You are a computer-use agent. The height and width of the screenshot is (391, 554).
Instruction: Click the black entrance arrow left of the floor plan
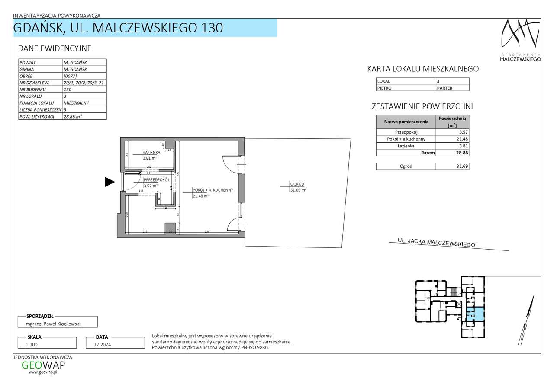pos(110,182)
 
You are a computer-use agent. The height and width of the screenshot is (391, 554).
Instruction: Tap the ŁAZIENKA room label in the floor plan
pos(152,153)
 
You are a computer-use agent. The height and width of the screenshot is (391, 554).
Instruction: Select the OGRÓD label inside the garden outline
pos(298,184)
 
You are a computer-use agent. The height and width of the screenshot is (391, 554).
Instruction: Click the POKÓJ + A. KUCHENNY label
pos(213,190)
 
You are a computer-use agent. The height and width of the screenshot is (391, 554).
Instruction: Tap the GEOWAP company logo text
pos(43,365)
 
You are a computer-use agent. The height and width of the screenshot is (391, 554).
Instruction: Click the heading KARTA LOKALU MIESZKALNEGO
pos(422,69)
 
